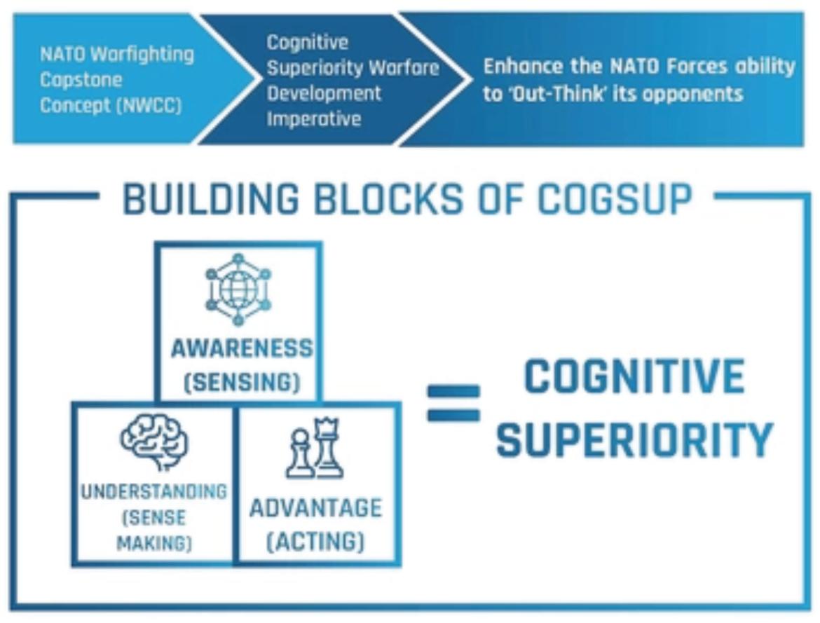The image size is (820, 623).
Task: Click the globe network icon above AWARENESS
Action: (x=238, y=289)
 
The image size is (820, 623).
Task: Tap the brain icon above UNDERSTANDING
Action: (x=154, y=441)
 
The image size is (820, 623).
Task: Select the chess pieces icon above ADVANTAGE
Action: (x=315, y=449)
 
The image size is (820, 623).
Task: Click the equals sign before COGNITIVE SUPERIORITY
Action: (x=453, y=403)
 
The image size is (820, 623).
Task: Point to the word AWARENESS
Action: (x=242, y=348)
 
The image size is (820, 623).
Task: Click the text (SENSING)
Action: (x=242, y=383)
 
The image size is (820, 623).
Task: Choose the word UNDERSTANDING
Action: (x=153, y=491)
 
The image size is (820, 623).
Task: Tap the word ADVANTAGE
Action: (x=315, y=507)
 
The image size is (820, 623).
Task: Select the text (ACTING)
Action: (x=315, y=542)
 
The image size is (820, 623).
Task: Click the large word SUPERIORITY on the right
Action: (x=634, y=439)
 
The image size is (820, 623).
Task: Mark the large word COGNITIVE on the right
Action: (x=634, y=376)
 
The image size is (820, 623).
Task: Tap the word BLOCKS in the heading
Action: (x=388, y=200)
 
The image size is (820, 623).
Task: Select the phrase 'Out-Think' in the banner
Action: (x=544, y=93)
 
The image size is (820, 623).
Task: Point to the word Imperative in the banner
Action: (x=313, y=118)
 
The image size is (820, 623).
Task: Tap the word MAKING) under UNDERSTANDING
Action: (x=153, y=543)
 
